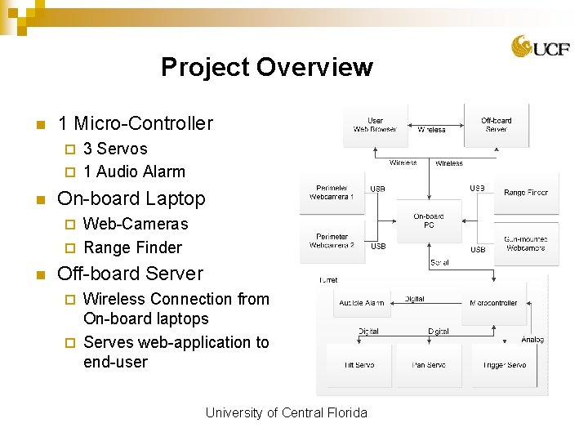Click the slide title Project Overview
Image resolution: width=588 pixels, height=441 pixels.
(x=266, y=67)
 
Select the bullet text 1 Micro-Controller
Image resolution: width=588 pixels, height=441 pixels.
(x=135, y=123)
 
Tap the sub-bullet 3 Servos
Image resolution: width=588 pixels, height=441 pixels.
(x=115, y=149)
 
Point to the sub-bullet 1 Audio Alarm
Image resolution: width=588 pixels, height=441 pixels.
(x=134, y=171)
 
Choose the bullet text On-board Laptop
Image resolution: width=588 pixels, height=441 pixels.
(x=131, y=198)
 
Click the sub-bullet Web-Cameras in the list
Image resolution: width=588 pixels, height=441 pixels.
(x=136, y=224)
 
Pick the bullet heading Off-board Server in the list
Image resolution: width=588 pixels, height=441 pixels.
(x=130, y=274)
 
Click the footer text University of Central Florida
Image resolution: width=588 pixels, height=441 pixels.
(x=286, y=412)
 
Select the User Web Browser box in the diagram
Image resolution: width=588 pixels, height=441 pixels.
(x=375, y=125)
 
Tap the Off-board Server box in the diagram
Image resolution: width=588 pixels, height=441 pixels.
(x=496, y=125)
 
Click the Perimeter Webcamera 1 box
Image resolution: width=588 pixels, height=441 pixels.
(x=332, y=192)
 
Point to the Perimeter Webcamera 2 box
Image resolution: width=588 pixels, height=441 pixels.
(x=332, y=241)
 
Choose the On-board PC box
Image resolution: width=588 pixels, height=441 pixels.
(x=429, y=220)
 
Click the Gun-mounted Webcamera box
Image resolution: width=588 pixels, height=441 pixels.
(x=525, y=243)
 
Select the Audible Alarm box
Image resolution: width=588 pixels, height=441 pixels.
(x=362, y=303)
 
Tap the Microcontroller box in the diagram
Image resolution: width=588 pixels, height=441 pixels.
(x=493, y=303)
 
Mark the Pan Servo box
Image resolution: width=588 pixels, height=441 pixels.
(x=429, y=365)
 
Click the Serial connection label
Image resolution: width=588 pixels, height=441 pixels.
(x=439, y=263)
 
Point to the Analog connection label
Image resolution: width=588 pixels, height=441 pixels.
(x=532, y=340)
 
